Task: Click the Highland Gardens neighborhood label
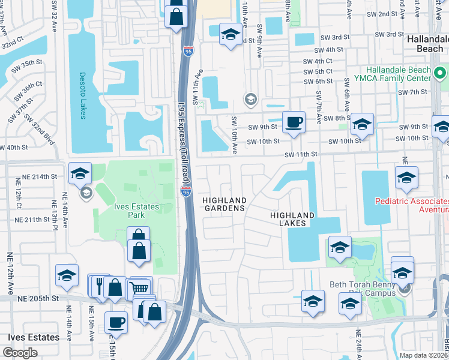point(224,204)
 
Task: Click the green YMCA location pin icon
point(441,74)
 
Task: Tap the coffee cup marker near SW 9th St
point(293,122)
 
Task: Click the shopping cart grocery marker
point(140,289)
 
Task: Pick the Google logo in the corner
point(20,353)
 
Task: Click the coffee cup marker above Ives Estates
point(116,322)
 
